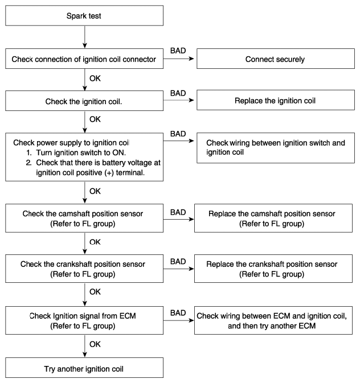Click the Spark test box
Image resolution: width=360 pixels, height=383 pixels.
pos(84,15)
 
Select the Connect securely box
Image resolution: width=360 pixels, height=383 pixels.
pos(276,59)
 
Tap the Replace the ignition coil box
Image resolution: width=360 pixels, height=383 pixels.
pos(276,100)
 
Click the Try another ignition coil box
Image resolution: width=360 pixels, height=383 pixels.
pos(84,368)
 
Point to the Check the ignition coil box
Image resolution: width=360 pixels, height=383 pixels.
pos(84,101)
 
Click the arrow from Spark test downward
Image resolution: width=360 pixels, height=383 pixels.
pos(85,37)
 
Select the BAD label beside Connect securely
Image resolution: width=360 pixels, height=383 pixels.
pos(178,51)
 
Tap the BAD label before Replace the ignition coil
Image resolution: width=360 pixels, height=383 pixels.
pos(178,93)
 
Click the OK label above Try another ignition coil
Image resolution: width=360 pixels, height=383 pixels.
pos(95,344)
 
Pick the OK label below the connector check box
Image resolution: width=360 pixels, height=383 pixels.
pos(95,79)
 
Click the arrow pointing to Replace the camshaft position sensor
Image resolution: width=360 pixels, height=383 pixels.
pos(178,219)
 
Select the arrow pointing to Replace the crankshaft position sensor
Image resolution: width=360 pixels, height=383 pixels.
pos(178,269)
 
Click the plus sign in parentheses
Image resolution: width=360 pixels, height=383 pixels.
pos(109,172)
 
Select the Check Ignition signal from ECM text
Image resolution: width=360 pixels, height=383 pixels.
pos(83,316)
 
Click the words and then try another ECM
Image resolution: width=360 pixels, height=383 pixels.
pos(272,326)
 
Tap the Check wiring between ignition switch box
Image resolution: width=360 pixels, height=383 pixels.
pos(276,148)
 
